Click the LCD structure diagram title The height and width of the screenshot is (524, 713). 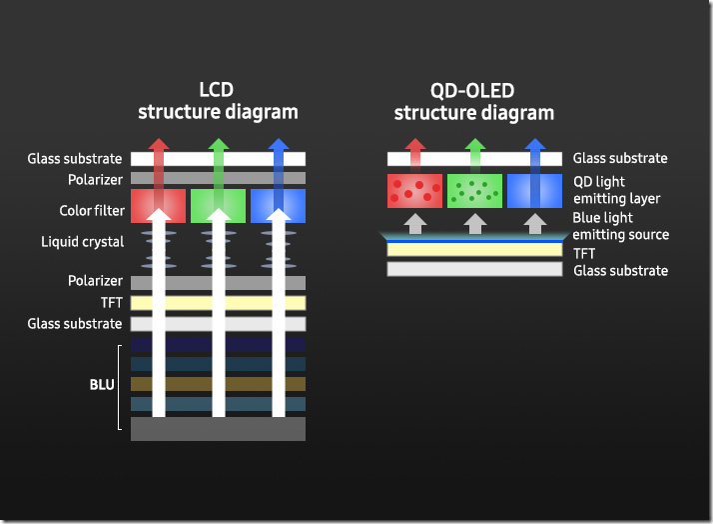[218, 100]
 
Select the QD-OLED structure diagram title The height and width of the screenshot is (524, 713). [473, 101]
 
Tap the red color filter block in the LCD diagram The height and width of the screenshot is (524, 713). [158, 205]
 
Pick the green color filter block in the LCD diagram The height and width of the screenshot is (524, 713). [218, 205]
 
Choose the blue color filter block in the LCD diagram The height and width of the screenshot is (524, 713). [278, 205]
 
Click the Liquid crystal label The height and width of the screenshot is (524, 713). [83, 242]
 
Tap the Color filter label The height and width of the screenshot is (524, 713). [91, 211]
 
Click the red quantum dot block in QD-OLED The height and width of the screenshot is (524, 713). [414, 190]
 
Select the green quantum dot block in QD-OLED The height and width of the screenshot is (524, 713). [474, 190]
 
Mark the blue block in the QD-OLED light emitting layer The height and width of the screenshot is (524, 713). [534, 190]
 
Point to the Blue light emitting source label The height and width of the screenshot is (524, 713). [620, 226]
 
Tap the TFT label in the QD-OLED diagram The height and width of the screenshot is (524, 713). [584, 254]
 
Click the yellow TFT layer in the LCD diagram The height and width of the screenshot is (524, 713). [218, 303]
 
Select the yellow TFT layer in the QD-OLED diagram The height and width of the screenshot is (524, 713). [474, 250]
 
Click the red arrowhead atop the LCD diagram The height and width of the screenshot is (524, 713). [158, 146]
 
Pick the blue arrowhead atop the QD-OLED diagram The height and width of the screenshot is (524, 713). [534, 146]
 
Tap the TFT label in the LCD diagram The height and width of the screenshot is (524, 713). [111, 303]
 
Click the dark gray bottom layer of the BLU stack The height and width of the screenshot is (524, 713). [218, 429]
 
